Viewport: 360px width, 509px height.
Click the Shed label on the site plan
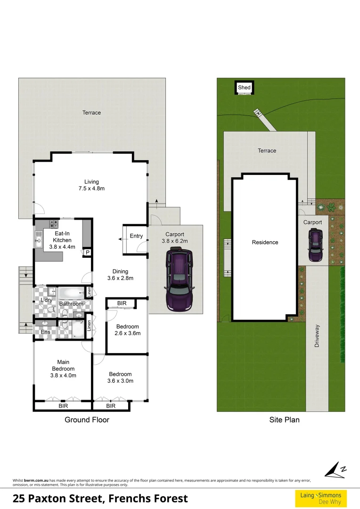click(244, 88)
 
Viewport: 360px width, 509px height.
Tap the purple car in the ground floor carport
click(179, 279)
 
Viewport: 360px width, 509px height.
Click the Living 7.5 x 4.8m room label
click(91, 185)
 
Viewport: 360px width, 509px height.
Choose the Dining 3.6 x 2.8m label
click(120, 275)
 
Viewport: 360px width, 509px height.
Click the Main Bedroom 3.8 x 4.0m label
click(63, 369)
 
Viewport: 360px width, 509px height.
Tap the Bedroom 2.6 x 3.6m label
click(128, 330)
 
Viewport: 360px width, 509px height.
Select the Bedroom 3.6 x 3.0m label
click(120, 378)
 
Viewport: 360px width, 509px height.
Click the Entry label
click(136, 236)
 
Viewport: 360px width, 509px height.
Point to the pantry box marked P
click(87, 253)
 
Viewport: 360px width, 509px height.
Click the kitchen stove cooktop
click(54, 225)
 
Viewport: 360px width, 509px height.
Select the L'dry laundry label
click(46, 300)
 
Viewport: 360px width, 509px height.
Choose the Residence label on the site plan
click(265, 242)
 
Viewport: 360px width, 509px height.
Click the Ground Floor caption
click(87, 419)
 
